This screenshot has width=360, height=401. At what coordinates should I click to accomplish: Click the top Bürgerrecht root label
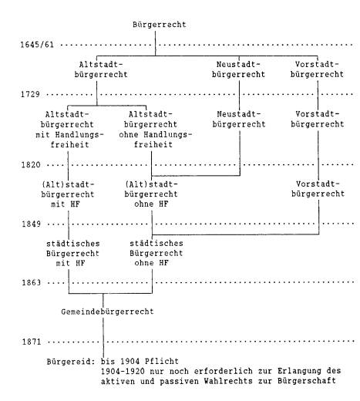[x=160, y=25]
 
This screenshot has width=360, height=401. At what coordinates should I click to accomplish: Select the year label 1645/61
[x=37, y=45]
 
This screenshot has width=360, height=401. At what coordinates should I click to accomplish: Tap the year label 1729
[x=30, y=94]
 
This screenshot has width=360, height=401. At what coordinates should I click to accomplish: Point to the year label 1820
[x=31, y=164]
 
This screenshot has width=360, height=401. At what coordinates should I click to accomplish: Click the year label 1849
[x=31, y=224]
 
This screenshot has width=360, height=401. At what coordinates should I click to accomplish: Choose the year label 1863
[x=32, y=283]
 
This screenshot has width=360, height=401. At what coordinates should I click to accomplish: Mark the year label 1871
[x=32, y=342]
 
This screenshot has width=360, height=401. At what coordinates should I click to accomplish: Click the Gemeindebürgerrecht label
[x=107, y=312]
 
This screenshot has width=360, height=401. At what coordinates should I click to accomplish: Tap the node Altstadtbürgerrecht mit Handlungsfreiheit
[x=69, y=130]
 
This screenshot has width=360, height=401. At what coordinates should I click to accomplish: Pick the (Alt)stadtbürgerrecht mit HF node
[x=68, y=194]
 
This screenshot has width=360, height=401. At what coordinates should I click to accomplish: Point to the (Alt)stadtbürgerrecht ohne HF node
[x=151, y=194]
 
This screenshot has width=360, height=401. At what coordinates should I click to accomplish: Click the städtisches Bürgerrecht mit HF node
[x=72, y=254]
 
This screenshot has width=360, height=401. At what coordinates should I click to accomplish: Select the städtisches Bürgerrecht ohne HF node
[x=156, y=253]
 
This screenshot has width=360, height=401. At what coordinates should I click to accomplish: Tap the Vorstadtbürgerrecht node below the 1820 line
[x=318, y=189]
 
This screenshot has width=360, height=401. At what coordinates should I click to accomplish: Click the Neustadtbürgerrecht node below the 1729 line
[x=239, y=120]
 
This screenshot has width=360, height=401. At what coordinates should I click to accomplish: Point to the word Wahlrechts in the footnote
[x=228, y=381]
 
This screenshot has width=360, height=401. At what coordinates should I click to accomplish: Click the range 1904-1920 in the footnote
[x=123, y=372]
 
